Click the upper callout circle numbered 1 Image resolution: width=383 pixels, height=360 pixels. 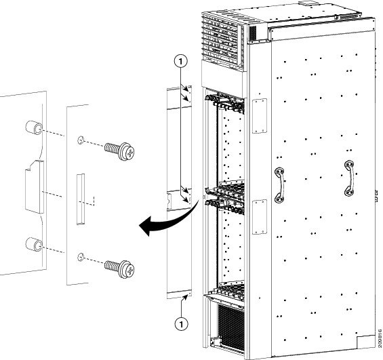pos(181,62)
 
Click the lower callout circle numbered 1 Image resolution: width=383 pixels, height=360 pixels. pos(181,324)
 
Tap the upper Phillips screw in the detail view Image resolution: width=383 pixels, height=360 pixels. pos(120,151)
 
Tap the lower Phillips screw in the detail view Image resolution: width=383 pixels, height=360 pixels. pos(120,268)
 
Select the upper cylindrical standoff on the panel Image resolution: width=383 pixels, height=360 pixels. pos(34,127)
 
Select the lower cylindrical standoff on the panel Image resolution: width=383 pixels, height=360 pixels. pos(34,244)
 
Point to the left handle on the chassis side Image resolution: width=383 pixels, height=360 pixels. pos(280,185)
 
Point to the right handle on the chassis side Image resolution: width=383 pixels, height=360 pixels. pos(350,178)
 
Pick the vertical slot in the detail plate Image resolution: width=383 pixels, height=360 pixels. pos(81,199)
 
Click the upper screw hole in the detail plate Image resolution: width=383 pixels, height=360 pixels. pos(81,140)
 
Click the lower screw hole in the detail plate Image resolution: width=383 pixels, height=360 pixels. pos(81,257)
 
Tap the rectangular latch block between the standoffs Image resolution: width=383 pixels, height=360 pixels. pos(34,187)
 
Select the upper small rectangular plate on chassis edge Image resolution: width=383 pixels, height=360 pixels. pos(260,116)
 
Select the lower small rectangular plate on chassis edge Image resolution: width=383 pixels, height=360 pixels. pos(260,217)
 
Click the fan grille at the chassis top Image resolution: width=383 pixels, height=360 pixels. pos(222,39)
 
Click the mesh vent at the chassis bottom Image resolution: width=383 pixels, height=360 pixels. pos(231,327)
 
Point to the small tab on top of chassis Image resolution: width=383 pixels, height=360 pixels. pos(307,3)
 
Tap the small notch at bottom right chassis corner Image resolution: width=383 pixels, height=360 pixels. pos(365,342)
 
